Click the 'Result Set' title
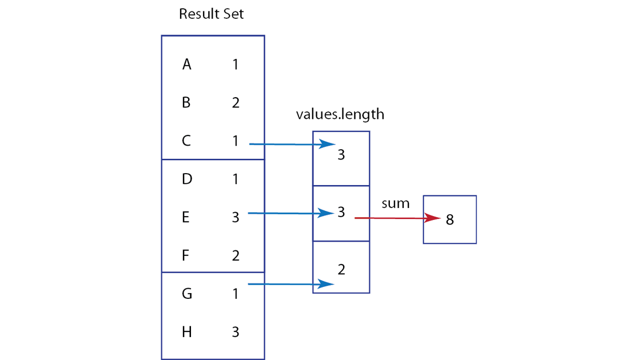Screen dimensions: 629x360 [x=211, y=14]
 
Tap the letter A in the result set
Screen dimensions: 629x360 [x=186, y=64]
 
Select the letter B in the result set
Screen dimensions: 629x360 [x=186, y=103]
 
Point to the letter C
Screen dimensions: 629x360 [x=186, y=141]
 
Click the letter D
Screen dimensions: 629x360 [x=187, y=179]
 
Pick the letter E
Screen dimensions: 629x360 [x=185, y=217]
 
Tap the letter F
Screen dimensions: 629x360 [x=185, y=255]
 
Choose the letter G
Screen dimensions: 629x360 [x=187, y=294]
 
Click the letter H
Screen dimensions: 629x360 [x=187, y=332]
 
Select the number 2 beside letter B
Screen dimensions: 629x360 [x=236, y=103]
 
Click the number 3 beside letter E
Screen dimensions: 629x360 [x=236, y=217]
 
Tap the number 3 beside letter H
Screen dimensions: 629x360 [x=236, y=332]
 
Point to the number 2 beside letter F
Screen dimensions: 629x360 [x=236, y=255]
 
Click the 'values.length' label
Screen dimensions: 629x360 [x=340, y=115]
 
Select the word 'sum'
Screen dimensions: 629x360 [x=396, y=203]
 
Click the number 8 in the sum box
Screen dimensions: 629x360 [x=450, y=219]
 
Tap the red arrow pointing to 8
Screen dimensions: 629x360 [x=398, y=218]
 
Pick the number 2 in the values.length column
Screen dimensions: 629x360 [x=341, y=269]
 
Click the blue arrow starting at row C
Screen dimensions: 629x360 [x=292, y=144]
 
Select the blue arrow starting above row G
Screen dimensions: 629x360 [x=291, y=284]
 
